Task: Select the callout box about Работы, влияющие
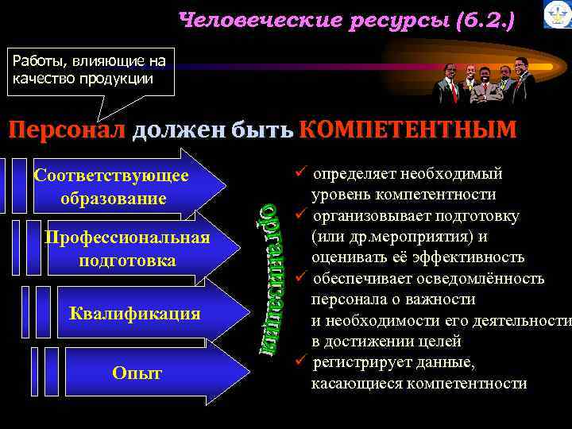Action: (x=90, y=71)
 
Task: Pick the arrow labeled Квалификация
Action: (x=135, y=312)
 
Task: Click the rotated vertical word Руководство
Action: (x=271, y=266)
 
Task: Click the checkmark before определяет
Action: (x=299, y=174)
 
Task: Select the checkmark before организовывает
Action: (x=299, y=216)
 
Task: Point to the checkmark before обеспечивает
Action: (x=299, y=278)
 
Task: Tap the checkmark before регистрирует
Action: (x=299, y=362)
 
